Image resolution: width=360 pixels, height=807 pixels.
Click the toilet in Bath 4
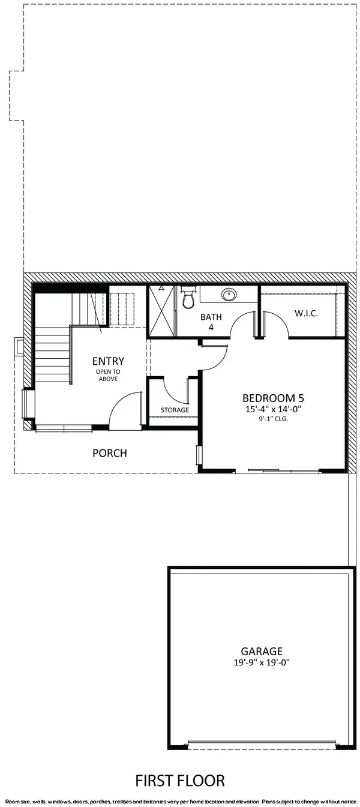(188, 298)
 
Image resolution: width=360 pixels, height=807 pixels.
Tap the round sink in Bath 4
(229, 295)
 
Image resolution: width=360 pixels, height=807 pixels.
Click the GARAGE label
(262, 651)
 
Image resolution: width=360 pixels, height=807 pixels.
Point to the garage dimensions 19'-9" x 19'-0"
(262, 664)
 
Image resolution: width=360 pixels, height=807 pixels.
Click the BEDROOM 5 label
(269, 398)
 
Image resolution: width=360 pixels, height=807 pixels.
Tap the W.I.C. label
(306, 314)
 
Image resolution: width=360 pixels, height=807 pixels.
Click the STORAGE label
(175, 410)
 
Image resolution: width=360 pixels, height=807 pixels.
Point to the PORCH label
(109, 453)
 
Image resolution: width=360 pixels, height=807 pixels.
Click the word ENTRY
(108, 361)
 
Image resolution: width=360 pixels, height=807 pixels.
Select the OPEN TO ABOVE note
(108, 376)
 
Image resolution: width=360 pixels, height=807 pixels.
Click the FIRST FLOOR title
(180, 781)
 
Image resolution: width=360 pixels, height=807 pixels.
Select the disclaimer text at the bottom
(180, 802)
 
